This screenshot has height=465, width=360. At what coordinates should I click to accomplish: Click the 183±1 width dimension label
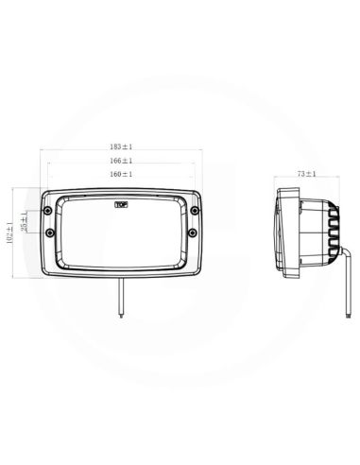(121, 147)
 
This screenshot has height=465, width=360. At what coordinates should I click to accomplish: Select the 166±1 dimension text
(121, 162)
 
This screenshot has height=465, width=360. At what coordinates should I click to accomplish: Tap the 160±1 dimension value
(121, 175)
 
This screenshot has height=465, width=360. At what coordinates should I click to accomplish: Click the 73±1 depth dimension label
(305, 175)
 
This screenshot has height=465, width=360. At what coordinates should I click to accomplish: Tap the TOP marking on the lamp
(121, 203)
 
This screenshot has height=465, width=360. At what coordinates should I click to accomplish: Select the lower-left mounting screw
(50, 234)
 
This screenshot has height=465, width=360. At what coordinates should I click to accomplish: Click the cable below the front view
(121, 298)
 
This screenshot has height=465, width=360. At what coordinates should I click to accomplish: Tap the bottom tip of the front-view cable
(121, 317)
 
